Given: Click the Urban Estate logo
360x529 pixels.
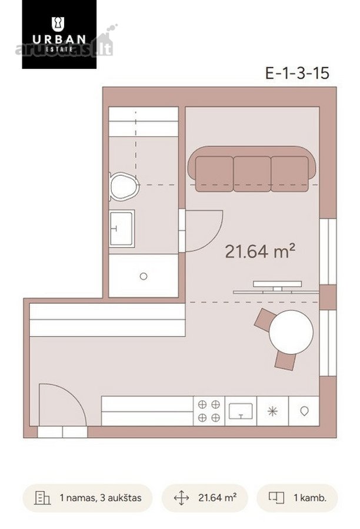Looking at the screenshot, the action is [59, 34].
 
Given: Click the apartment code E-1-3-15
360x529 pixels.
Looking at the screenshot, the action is [297, 73].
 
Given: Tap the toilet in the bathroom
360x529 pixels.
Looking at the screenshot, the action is [124, 186].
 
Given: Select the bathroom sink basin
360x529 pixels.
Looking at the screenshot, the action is [122, 229].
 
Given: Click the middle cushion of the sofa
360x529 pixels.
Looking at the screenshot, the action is [252, 174].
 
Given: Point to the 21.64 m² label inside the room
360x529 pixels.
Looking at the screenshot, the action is [260, 252].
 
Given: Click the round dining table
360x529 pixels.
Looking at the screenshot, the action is [291, 332].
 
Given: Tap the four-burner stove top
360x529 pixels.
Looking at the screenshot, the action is [209, 411].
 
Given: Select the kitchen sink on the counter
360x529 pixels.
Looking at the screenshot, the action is [241, 411].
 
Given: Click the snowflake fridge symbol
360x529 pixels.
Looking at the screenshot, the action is [272, 411].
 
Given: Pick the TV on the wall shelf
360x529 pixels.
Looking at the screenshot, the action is [277, 284].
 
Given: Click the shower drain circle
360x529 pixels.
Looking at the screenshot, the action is [144, 276].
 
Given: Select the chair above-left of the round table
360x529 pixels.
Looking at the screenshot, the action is [264, 319].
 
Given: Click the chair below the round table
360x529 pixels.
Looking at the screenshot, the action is [285, 361].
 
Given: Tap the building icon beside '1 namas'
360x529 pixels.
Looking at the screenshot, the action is [42, 498].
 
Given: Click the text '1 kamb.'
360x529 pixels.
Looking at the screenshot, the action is [310, 498].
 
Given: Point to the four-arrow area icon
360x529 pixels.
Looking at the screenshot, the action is [181, 498].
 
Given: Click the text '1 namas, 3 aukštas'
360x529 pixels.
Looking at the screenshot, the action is [101, 498].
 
